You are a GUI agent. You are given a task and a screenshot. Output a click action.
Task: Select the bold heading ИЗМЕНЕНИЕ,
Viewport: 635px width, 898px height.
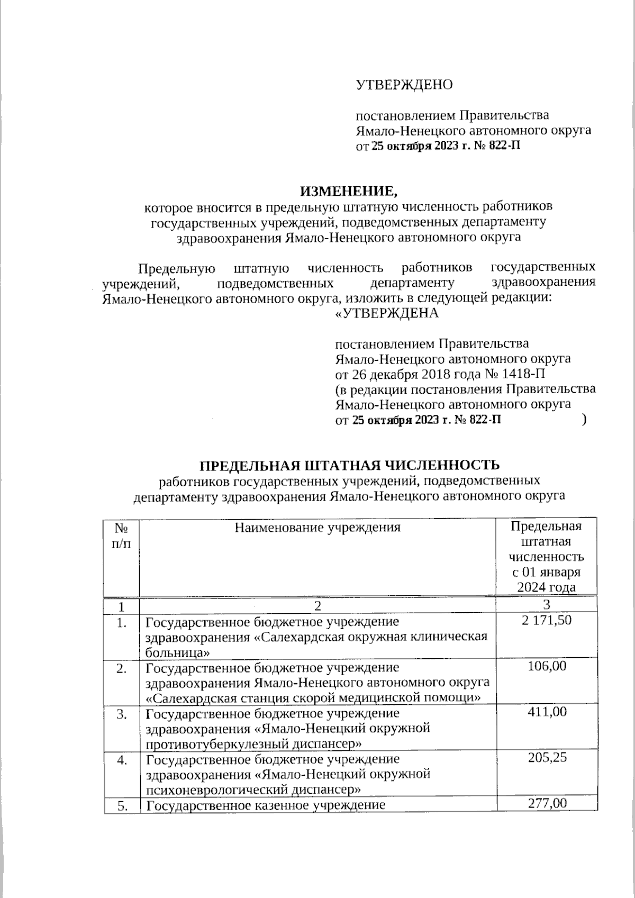(348, 191)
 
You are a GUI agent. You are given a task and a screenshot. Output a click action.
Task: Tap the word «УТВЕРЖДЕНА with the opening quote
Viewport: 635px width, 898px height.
(387, 313)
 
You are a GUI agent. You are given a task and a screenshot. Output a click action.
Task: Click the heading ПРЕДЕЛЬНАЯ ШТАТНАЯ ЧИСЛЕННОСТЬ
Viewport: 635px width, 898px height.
(349, 465)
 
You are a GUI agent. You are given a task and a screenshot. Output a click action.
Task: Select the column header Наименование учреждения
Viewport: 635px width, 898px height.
(317, 527)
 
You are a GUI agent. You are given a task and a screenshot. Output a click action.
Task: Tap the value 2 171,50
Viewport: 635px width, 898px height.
(547, 620)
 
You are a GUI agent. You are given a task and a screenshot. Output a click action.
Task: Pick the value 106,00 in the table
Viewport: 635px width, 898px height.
(547, 666)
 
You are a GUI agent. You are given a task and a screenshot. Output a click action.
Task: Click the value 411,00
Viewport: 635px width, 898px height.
(547, 712)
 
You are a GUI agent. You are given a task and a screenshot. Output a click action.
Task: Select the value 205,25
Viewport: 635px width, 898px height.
(547, 758)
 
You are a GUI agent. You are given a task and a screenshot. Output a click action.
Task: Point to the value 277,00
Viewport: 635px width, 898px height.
(547, 803)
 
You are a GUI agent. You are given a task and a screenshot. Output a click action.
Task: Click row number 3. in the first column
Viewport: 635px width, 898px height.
(122, 714)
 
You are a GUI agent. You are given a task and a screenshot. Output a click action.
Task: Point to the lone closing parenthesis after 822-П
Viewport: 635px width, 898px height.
(583, 420)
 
